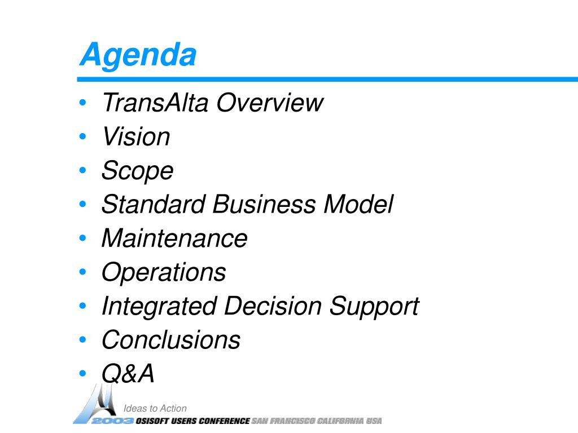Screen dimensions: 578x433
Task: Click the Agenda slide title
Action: (x=138, y=55)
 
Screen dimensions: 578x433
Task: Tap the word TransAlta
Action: (x=155, y=103)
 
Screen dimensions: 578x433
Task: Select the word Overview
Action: (x=270, y=103)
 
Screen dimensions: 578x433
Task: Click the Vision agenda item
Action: (x=136, y=136)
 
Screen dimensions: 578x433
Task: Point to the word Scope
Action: (x=138, y=171)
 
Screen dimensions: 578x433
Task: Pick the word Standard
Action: (x=154, y=204)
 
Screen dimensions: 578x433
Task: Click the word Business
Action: (x=264, y=204)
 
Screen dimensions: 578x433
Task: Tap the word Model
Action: (x=358, y=204)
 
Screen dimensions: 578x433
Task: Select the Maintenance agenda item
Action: (x=175, y=238)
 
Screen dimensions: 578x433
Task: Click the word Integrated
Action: (x=159, y=307)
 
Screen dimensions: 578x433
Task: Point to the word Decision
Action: (x=273, y=306)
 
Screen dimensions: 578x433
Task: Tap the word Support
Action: (x=374, y=307)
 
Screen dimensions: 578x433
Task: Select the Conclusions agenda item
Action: (x=171, y=339)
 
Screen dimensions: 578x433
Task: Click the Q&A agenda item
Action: (x=128, y=373)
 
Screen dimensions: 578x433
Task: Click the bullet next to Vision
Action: (x=82, y=136)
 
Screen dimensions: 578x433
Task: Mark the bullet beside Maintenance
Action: (x=82, y=238)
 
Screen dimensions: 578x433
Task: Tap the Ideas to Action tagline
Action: (x=155, y=408)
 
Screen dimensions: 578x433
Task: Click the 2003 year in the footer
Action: (x=112, y=421)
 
